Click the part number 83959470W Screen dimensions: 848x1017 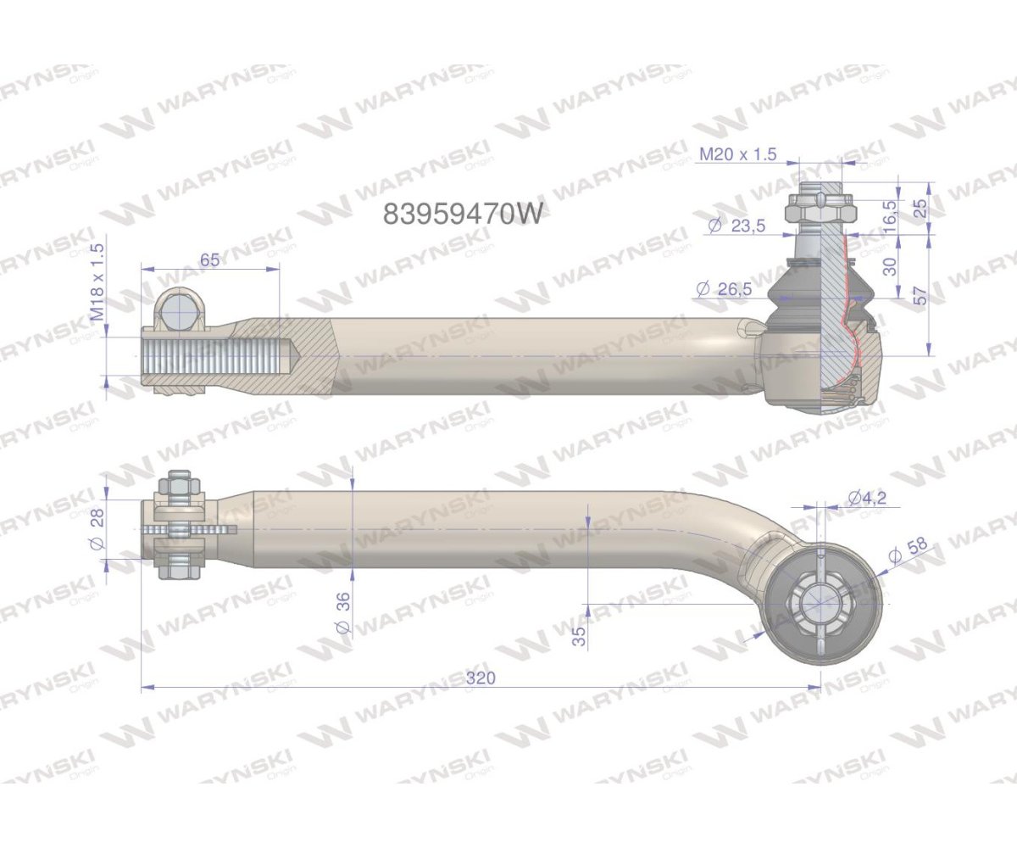462,214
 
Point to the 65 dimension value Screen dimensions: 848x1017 210,259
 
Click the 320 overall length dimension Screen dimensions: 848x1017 480,678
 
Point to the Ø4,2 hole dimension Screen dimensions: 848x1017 865,498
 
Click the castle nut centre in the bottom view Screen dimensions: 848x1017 819,604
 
